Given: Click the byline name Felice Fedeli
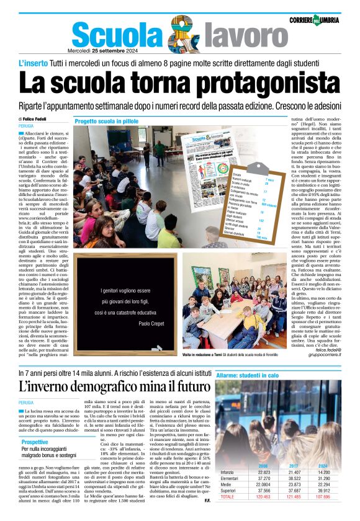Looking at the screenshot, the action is coord(37,118).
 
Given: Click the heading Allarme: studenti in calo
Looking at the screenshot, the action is coord(251,375).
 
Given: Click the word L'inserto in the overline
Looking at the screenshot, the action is coord(35,64).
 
